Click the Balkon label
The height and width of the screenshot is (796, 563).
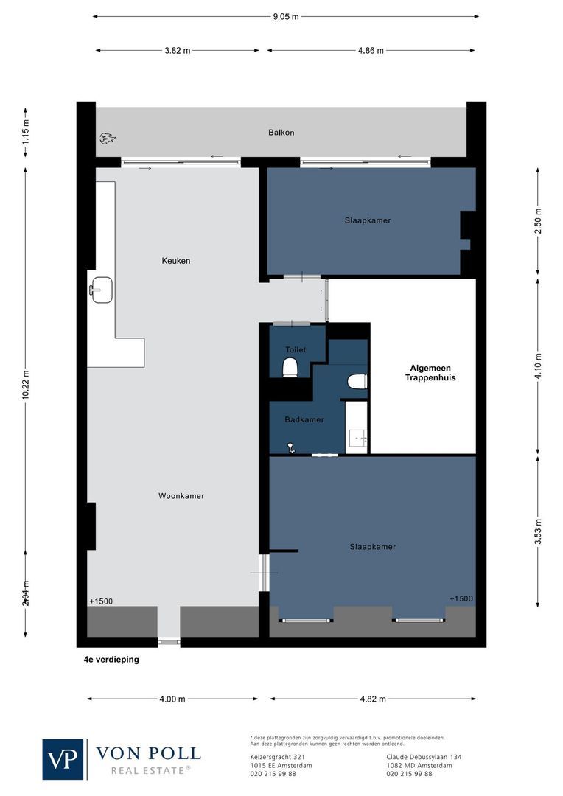281,133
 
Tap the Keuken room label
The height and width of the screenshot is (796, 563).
176,261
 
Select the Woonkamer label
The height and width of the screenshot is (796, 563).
181,496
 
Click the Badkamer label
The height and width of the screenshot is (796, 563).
304,420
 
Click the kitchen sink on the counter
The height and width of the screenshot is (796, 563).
100,288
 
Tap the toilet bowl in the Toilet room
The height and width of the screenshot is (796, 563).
290,366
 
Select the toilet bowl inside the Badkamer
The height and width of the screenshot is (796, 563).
357,381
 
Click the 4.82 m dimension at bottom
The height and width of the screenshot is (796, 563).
371,699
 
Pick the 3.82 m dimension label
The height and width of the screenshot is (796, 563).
177,51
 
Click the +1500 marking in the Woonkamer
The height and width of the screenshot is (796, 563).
101,601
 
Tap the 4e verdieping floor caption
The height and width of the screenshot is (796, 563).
111,660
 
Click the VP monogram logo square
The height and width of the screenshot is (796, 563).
63,759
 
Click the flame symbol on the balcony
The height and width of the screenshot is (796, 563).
108,137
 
